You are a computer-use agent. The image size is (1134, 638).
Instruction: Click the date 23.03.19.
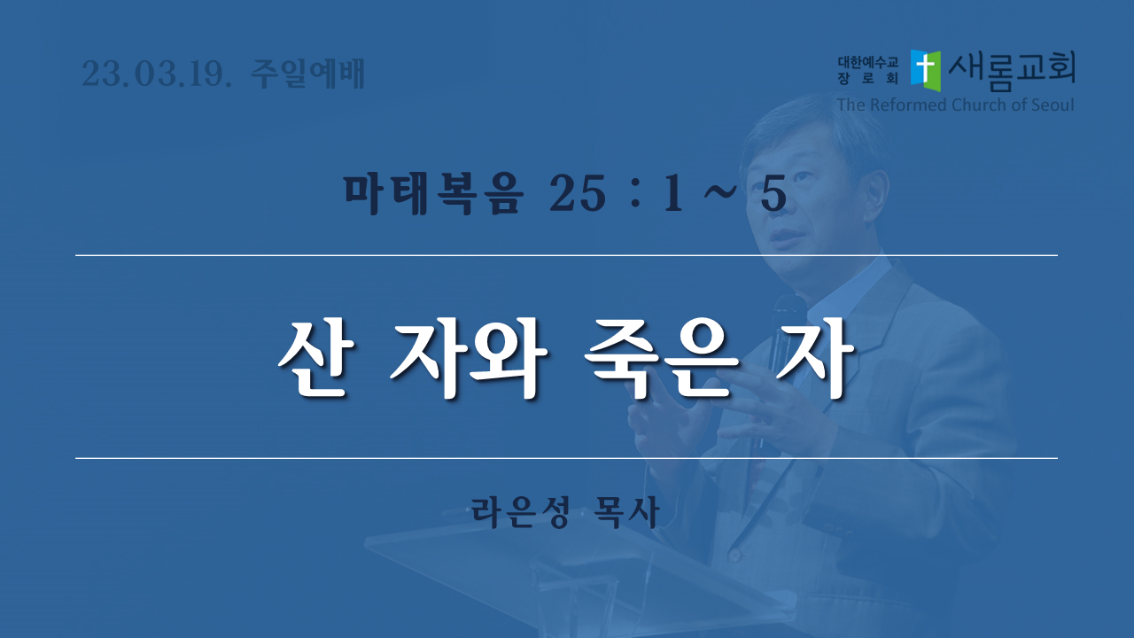(157, 74)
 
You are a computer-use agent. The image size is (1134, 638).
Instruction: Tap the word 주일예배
(307, 74)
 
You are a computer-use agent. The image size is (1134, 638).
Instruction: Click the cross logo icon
(926, 70)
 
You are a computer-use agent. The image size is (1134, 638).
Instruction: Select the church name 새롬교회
(1012, 71)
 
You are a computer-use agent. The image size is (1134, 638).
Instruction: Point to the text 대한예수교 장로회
(867, 70)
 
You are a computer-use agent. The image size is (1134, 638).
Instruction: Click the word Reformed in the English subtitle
(909, 105)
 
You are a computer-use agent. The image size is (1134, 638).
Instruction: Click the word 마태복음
(433, 194)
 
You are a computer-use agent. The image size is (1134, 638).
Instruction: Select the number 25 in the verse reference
(578, 193)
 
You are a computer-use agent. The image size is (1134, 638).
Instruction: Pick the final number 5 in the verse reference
(773, 193)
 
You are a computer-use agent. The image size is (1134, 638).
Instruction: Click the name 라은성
(521, 512)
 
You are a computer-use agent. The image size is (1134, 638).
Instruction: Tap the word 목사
(628, 512)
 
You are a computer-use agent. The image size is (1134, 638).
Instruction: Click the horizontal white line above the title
(566, 256)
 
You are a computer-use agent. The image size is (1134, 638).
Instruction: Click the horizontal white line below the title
(566, 458)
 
